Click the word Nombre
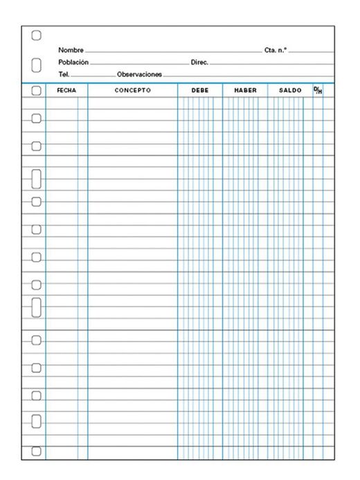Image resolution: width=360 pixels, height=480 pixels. click(x=71, y=51)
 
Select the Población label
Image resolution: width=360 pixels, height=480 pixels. click(x=73, y=62)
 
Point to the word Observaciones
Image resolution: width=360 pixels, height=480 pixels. click(x=139, y=73)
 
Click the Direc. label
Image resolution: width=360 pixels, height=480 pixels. click(x=199, y=62)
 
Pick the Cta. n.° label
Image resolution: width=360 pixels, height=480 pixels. click(x=276, y=51)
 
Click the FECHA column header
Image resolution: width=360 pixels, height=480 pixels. click(x=67, y=91)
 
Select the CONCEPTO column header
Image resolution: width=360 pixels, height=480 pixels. click(x=132, y=91)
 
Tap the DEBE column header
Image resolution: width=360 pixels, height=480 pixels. click(x=199, y=91)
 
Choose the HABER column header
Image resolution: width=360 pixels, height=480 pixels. click(x=245, y=91)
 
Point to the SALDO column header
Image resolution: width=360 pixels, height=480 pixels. click(x=290, y=91)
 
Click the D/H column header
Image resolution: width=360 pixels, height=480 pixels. click(x=318, y=90)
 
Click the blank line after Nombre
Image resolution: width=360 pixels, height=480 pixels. click(x=172, y=53)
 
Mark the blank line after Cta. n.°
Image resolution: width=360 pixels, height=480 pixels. click(x=312, y=53)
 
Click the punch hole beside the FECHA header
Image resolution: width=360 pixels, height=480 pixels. click(x=37, y=91)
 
